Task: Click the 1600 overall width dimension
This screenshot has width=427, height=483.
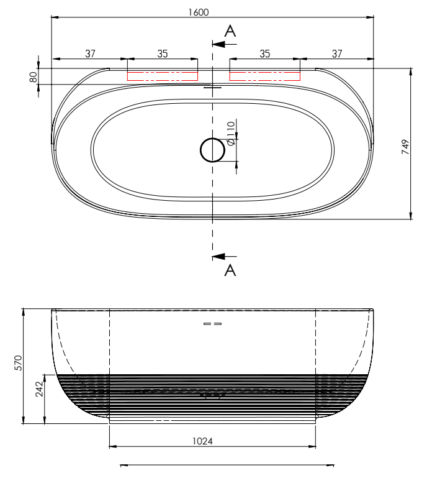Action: pyautogui.click(x=199, y=12)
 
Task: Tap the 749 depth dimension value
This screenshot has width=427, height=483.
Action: pyautogui.click(x=405, y=147)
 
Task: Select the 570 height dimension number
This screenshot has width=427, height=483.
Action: pyautogui.click(x=19, y=363)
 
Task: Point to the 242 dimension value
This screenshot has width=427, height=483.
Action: pyautogui.click(x=39, y=389)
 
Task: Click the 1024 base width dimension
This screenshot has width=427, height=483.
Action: pyautogui.click(x=202, y=441)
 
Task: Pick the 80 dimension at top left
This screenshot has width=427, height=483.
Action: pyautogui.click(x=34, y=77)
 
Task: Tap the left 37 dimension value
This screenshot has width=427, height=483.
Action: pyautogui.click(x=90, y=53)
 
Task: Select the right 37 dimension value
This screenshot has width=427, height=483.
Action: pyautogui.click(x=337, y=53)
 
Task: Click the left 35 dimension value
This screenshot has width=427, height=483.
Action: pyautogui.click(x=163, y=53)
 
